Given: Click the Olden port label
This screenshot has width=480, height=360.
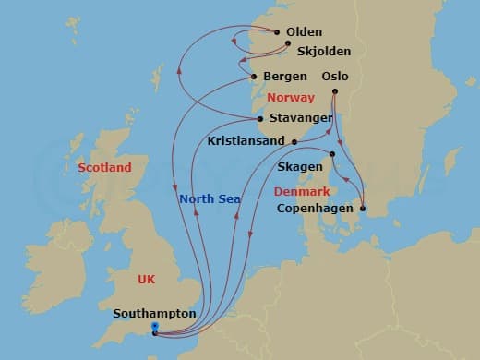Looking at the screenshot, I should point(304,32).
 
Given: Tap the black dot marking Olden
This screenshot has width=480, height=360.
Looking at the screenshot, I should point(278,32).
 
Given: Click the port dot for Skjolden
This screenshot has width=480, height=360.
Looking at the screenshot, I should point(288,43).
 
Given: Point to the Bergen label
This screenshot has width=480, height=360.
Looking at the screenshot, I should point(284,76).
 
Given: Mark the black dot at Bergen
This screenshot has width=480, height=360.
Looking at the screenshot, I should point(254,76).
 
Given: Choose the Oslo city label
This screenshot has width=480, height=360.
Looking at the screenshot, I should point(335,76).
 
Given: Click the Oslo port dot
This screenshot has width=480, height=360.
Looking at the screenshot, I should point(334,91).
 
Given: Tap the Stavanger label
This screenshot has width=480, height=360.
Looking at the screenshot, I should point(303,117).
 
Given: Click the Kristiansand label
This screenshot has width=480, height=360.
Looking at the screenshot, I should point(248,142).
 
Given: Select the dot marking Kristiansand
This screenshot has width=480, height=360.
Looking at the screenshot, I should point(294,141).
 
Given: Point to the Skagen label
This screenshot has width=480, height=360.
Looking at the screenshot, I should point(300,166).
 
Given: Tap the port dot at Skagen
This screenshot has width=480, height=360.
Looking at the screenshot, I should point(332,153).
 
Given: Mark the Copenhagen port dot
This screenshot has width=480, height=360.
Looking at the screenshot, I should point(363,210).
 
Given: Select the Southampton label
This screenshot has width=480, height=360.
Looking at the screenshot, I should point(154,313).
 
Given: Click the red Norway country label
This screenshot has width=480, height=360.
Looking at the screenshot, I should point(290,97).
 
